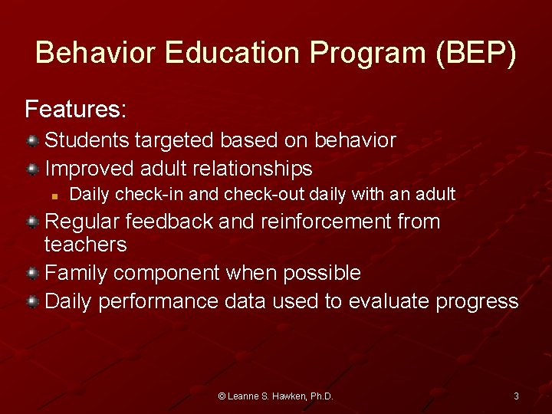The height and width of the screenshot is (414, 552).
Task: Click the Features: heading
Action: coord(76,110)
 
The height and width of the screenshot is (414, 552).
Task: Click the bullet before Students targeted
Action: coord(33,140)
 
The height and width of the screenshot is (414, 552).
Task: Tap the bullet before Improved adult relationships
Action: coord(33,168)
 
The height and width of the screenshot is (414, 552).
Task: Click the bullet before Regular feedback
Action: coord(33,222)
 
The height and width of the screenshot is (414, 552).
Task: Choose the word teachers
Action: coord(86,245)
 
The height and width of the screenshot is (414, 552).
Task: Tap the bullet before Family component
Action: coord(33,273)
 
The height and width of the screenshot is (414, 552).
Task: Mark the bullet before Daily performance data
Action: coord(33,301)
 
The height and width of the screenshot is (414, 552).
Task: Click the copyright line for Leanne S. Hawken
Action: coord(275,396)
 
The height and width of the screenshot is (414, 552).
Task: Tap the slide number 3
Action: coord(516,396)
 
